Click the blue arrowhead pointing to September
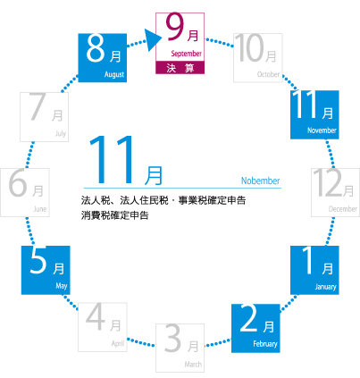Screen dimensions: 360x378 tap(153, 39)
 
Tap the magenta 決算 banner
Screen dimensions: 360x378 tap(180, 68)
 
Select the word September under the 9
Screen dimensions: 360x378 tap(186, 54)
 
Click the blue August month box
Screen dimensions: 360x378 tap(103, 58)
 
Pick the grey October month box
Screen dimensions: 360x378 tap(258, 58)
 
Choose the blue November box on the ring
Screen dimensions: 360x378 tap(314, 114)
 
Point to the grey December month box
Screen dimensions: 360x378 tap(336, 192)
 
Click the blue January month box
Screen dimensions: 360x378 tap(314, 270)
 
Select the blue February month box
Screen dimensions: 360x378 tap(255, 328)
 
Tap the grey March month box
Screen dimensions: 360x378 tap(180, 348)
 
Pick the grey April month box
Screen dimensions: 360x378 tap(103, 327)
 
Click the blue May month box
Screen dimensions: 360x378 tap(46, 270)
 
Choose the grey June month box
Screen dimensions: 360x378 tap(25, 192)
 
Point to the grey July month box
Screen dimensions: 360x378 tap(44, 117)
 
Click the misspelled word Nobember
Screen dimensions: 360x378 tap(260, 181)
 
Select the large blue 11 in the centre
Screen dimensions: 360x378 tap(113, 159)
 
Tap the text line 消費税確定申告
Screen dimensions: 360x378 tap(114, 215)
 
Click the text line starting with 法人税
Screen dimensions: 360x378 tap(163, 200)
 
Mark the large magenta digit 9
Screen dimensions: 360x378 tap(175, 27)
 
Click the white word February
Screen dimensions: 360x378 tap(265, 344)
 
